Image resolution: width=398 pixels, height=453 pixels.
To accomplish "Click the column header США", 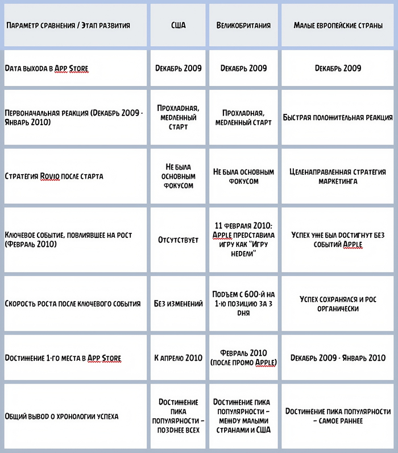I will (x=178, y=26).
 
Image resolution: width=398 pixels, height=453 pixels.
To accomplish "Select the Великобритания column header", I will (x=243, y=26).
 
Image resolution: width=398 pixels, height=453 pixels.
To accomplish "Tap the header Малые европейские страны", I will (x=338, y=26).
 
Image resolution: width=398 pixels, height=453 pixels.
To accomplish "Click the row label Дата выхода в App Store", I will (x=46, y=68).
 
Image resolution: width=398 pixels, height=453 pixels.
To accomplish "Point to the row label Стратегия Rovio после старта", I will (x=54, y=176).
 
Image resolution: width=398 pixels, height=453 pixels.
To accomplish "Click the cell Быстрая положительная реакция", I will (x=338, y=118).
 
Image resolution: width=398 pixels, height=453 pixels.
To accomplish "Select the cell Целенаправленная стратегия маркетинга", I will (x=338, y=176).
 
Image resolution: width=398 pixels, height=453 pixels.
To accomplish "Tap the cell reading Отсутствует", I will (x=178, y=240).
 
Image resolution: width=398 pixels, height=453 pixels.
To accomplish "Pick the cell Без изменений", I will (x=178, y=303).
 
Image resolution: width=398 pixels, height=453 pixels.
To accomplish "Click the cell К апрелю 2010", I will (x=178, y=358).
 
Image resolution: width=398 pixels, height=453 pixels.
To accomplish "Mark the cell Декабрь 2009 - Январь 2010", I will (x=338, y=358).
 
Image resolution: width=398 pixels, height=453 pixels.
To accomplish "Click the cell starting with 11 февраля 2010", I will (x=243, y=240).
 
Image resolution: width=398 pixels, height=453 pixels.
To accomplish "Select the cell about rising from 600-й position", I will (x=243, y=303).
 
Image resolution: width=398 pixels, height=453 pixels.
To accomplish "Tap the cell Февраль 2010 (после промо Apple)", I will (x=243, y=358).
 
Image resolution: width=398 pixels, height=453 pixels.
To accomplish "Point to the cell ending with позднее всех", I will (x=178, y=416).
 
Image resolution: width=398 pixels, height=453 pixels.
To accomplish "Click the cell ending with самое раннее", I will (x=338, y=416).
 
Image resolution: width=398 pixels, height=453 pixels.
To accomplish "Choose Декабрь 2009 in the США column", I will (x=178, y=68).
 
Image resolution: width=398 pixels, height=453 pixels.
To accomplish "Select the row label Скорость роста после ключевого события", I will (x=72, y=303).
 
